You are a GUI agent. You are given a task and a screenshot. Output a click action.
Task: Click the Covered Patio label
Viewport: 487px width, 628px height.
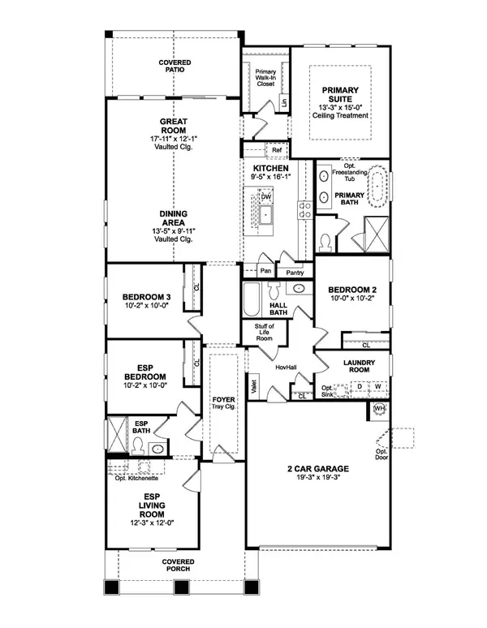click(x=174, y=66)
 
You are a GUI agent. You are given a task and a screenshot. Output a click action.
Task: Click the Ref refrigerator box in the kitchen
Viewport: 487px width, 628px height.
click(x=277, y=150)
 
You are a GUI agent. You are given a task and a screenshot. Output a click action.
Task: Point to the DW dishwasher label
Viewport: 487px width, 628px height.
click(x=265, y=197)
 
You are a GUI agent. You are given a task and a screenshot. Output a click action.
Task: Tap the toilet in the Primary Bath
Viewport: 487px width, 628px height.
click(x=325, y=242)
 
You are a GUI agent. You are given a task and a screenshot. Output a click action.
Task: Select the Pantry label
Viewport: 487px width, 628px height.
click(x=295, y=273)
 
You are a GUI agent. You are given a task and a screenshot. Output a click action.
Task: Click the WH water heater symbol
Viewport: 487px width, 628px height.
click(x=378, y=408)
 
